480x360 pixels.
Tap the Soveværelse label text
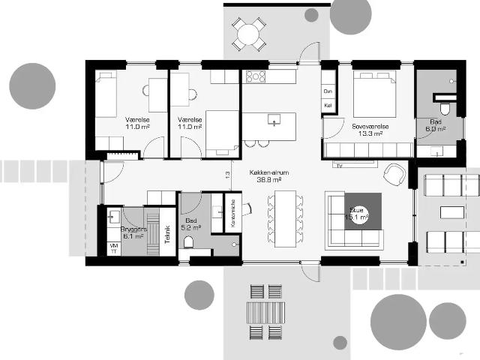pos(370,127)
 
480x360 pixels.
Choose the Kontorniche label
pos(233,214)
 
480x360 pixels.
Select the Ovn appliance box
pos(328,91)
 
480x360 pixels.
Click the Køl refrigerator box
pos(328,105)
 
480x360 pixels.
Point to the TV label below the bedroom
pos(340,164)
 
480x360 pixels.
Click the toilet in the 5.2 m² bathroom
pos(189,241)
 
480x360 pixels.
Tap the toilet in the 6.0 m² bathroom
pos(445,109)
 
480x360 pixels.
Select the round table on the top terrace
pos(247,33)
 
